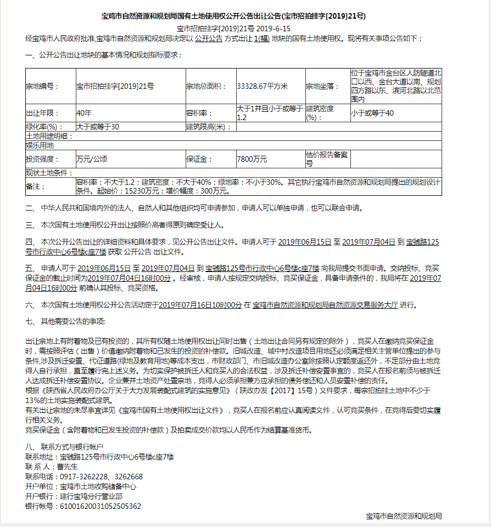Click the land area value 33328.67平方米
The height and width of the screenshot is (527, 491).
(262, 86)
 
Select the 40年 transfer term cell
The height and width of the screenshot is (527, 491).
(84, 114)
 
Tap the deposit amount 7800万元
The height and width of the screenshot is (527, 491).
(252, 159)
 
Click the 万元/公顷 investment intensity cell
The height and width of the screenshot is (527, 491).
(92, 159)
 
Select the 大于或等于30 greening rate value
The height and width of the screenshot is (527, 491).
(98, 127)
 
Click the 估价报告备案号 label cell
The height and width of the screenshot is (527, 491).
(327, 159)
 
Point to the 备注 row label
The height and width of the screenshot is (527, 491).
(34, 186)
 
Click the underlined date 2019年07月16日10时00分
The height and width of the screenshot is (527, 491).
(200, 305)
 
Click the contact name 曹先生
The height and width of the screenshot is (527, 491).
(69, 467)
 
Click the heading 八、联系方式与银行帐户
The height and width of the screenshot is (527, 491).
(64, 447)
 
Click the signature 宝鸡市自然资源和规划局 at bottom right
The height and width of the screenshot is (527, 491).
(404, 516)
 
